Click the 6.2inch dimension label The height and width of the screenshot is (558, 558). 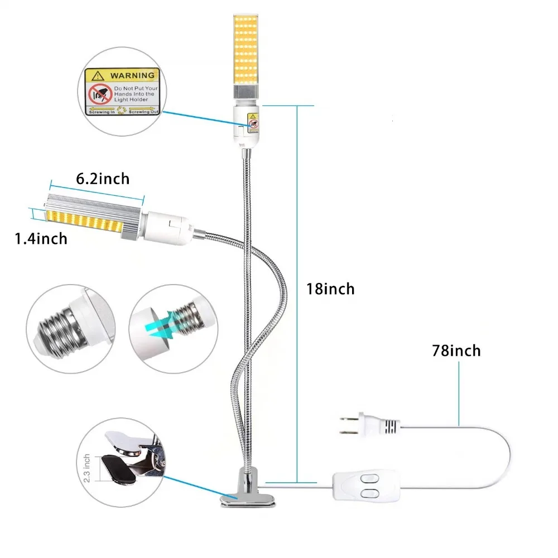[x=103, y=179]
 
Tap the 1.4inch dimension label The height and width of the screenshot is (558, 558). [x=41, y=238]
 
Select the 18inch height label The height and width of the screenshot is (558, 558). [x=330, y=288]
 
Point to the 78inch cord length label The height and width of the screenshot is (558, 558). [x=456, y=350]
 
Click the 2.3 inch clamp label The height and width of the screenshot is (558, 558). [x=86, y=468]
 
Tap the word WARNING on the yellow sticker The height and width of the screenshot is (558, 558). [x=132, y=75]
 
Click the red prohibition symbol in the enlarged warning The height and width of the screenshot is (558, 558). [x=100, y=94]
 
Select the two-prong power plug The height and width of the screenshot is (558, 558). [x=370, y=425]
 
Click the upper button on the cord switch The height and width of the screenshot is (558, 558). [x=369, y=479]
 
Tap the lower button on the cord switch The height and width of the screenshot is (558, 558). [x=369, y=494]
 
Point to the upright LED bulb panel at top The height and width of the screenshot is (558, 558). [x=246, y=49]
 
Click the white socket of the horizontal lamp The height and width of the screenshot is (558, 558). [x=167, y=228]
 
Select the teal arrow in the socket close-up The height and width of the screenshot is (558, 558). [x=161, y=326]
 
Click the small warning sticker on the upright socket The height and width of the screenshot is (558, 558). [x=253, y=123]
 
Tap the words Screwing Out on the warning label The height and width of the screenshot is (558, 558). [x=143, y=112]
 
